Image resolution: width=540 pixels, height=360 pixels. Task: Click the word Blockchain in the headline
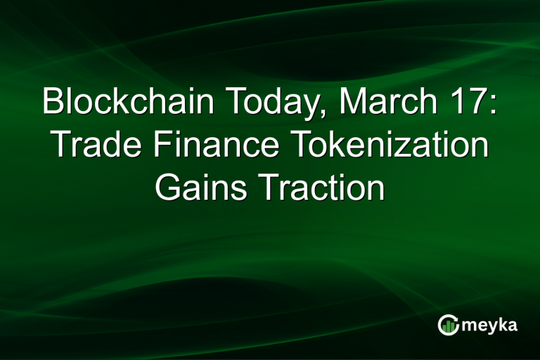pyautogui.click(x=129, y=103)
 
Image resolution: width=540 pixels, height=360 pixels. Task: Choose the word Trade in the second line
pyautogui.click(x=92, y=146)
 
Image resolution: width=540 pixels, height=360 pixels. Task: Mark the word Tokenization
pyautogui.click(x=382, y=146)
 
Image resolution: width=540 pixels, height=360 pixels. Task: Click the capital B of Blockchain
pyautogui.click(x=52, y=103)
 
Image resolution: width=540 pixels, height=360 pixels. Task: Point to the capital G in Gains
pyautogui.click(x=167, y=188)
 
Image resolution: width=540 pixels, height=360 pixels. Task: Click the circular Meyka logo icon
pyautogui.click(x=448, y=324)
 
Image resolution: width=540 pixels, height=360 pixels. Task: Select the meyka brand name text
pyautogui.click(x=491, y=325)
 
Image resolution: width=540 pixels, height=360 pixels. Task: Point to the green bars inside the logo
pyautogui.click(x=448, y=326)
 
